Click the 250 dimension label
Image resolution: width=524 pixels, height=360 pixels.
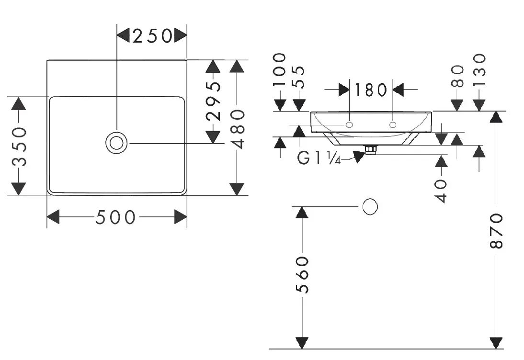click(x=152, y=36)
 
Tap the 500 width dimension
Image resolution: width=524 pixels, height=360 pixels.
click(x=115, y=217)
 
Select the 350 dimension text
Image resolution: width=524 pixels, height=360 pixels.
click(x=19, y=146)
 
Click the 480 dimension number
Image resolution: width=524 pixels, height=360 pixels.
click(x=238, y=129)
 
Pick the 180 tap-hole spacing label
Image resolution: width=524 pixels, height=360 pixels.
click(x=371, y=90)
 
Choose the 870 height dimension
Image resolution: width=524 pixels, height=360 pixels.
click(x=496, y=231)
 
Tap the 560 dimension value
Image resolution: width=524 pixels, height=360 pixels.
click(x=302, y=275)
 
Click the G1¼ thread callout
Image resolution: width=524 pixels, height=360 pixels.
click(x=319, y=158)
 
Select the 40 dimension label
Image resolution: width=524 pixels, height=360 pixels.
click(x=442, y=191)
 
